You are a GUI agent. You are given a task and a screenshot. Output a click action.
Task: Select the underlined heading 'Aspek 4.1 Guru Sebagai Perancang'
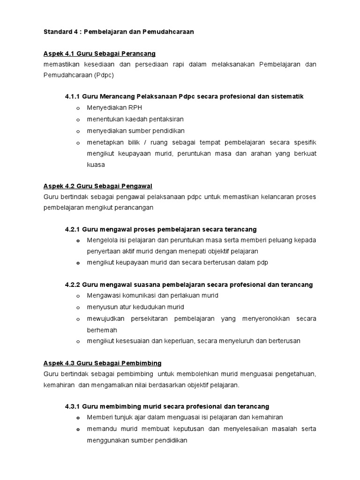[x=99, y=54]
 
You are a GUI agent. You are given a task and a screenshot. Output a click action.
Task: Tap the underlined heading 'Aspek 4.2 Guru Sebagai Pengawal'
[x=98, y=186]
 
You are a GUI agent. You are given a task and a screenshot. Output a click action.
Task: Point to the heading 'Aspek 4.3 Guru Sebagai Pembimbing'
[x=102, y=363]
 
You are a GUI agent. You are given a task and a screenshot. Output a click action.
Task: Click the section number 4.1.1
[x=73, y=96]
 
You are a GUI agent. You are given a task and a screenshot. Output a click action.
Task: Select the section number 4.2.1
[x=73, y=229]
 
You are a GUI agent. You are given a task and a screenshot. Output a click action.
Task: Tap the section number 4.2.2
[x=73, y=285]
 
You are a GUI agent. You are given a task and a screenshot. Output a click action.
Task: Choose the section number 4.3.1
[x=73, y=406]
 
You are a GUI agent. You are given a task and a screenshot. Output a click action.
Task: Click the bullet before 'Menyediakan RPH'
[x=78, y=108]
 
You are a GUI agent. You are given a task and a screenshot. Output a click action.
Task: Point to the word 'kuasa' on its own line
[x=95, y=165]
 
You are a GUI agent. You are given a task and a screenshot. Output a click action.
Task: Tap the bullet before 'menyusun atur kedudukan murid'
[x=78, y=307]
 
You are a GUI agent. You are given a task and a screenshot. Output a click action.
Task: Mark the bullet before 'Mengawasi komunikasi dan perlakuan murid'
[x=78, y=296]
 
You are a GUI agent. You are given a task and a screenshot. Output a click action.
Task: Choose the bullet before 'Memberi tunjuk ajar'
[x=78, y=418]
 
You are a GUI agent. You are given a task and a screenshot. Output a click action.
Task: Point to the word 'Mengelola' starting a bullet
[x=101, y=240]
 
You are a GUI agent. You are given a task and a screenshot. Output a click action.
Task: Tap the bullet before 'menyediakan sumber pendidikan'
[x=78, y=131]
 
